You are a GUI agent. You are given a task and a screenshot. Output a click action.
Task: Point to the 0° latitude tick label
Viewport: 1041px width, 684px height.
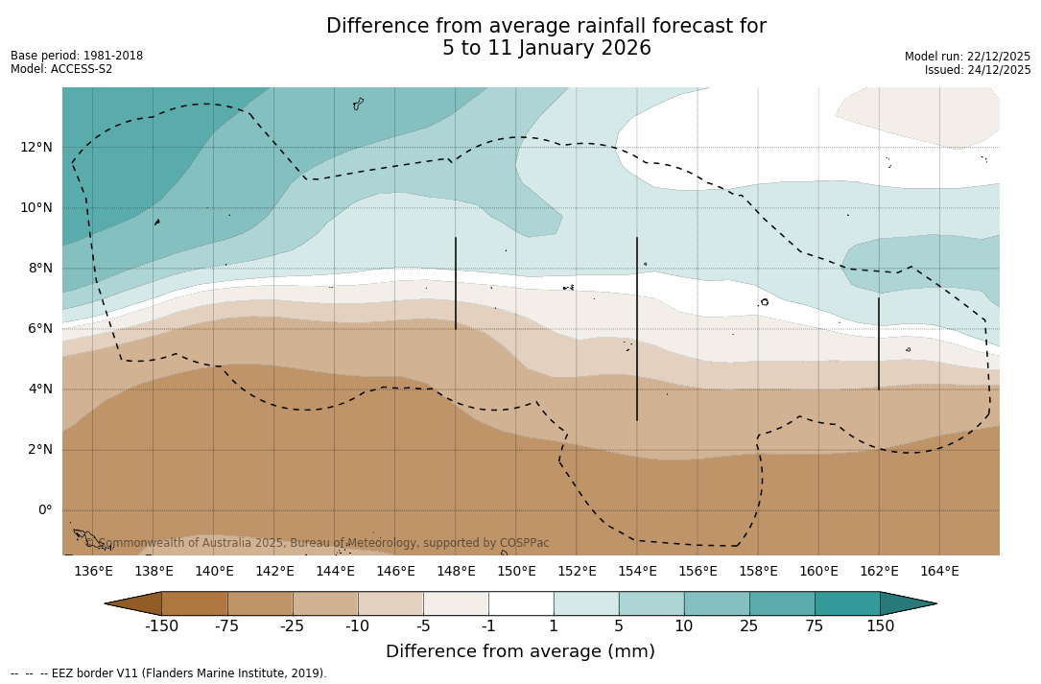click(x=44, y=510)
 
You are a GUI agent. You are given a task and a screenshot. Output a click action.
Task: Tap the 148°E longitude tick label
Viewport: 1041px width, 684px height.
click(x=456, y=572)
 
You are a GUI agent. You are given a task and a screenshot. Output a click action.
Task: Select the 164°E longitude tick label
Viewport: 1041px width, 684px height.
click(x=939, y=572)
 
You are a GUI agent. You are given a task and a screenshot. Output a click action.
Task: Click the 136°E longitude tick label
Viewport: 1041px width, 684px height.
click(x=93, y=572)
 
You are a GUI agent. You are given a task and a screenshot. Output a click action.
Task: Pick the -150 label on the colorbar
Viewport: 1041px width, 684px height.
click(x=161, y=626)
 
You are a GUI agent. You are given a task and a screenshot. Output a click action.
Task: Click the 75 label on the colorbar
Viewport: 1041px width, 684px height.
click(x=815, y=626)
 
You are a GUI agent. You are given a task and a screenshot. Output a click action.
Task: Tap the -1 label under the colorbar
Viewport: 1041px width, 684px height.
click(x=487, y=626)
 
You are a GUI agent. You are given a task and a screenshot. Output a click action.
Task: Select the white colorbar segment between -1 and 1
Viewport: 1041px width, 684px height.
click(x=521, y=603)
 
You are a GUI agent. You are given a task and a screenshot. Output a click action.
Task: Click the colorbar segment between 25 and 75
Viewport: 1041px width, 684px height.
click(x=782, y=603)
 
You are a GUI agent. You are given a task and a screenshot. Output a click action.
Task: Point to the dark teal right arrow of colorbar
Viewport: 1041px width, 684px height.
click(x=907, y=603)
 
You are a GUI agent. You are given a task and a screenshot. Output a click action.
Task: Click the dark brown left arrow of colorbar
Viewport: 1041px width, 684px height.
click(x=134, y=603)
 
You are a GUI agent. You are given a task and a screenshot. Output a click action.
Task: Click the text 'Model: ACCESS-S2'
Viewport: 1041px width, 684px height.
click(x=61, y=69)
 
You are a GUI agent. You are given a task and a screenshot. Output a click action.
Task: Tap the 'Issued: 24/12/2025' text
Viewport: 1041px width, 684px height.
click(x=978, y=70)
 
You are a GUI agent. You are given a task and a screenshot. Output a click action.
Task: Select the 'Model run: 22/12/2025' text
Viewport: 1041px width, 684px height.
click(x=967, y=57)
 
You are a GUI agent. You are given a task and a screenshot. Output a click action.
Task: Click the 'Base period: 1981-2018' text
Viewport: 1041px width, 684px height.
click(x=77, y=56)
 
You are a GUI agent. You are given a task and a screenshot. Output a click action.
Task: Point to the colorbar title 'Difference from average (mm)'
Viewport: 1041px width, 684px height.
click(x=520, y=652)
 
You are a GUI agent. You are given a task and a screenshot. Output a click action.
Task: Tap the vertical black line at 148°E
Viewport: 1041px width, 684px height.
click(x=456, y=283)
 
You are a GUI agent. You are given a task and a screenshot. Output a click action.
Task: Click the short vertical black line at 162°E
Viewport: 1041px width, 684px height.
click(x=879, y=343)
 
